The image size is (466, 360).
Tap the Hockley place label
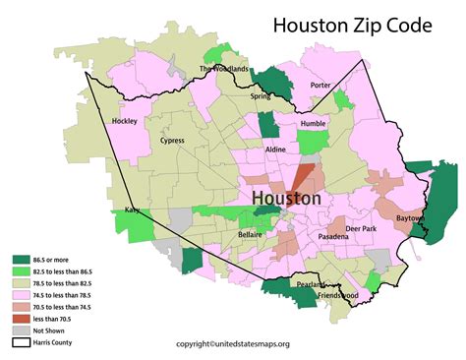pos(126,121)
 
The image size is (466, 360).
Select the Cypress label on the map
pos(172,141)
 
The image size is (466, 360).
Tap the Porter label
pos(320,85)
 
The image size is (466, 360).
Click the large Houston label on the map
pos(286,198)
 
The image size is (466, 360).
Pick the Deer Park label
pos(361,228)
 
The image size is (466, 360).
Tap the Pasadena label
pos(331,237)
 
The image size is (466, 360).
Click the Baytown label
pos(411,217)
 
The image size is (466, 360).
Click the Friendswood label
pos(337,294)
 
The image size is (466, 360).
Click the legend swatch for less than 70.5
pos(18,320)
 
